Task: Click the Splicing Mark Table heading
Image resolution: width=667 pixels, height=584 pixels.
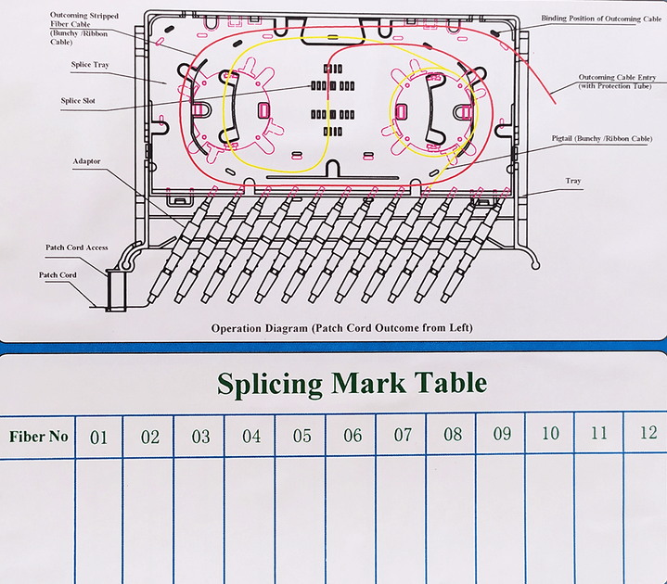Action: tap(352, 384)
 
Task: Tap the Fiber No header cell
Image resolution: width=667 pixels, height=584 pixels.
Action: tap(39, 437)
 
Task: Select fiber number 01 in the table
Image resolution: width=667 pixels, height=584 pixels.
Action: tap(98, 438)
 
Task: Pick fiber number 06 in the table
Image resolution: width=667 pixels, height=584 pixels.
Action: tap(353, 436)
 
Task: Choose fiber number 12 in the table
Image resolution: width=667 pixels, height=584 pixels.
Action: tap(648, 433)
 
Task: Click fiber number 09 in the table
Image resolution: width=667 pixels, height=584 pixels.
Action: tap(502, 434)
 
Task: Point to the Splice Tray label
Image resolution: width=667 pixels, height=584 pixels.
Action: tap(90, 65)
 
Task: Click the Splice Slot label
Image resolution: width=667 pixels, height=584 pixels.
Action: tap(78, 101)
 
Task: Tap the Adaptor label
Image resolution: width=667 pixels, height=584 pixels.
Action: tap(86, 161)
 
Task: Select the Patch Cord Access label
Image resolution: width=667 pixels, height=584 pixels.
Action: tap(77, 248)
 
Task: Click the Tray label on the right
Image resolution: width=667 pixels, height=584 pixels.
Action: tap(573, 181)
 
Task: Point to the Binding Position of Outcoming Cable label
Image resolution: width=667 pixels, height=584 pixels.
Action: tap(601, 19)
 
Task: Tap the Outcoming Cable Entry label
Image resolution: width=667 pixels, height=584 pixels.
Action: tap(617, 82)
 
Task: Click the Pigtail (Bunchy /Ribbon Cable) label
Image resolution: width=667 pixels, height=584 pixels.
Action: tap(601, 138)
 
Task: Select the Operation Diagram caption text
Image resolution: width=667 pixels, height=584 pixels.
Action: tap(342, 328)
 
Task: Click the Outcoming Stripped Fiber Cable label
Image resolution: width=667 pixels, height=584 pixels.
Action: tap(84, 29)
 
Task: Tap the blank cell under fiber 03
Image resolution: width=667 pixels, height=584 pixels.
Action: tap(199, 521)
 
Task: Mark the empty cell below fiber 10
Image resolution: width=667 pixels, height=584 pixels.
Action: tap(549, 519)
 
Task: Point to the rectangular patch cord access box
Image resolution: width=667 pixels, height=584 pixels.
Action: tap(116, 290)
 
